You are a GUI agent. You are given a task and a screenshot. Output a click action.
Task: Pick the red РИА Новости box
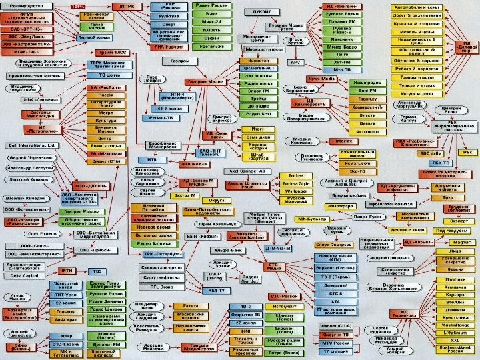click(x=168, y=46)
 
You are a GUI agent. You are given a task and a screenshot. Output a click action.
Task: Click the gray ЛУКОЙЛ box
click(x=257, y=12)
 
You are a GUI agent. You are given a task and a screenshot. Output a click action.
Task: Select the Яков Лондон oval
click(x=153, y=79)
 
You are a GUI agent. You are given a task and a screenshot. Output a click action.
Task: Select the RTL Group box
click(x=161, y=286)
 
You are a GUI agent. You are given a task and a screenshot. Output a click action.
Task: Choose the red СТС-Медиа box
click(x=276, y=265)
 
